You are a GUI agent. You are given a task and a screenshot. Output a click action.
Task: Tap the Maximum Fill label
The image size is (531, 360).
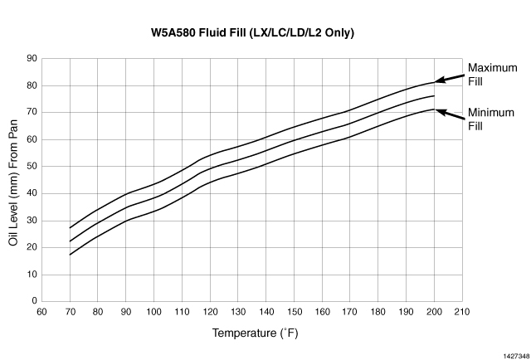tap(487, 75)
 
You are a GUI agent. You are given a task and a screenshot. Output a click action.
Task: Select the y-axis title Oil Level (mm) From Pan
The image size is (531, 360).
tap(13, 180)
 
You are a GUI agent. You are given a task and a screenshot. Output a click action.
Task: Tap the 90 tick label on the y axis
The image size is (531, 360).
tap(32, 58)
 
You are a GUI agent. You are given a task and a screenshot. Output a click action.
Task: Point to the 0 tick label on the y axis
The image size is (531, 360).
tap(34, 301)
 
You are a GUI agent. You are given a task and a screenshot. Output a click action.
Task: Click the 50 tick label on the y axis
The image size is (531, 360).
tap(32, 166)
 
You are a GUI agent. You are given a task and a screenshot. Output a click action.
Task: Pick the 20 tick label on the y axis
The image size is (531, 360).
tap(32, 247)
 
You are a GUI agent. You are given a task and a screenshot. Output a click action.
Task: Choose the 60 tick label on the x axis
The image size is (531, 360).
tap(41, 313)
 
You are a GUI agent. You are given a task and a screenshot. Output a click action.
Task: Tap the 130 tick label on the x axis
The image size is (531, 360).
tap(238, 313)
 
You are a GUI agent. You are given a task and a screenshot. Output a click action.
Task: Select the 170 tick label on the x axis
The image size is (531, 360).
tap(351, 313)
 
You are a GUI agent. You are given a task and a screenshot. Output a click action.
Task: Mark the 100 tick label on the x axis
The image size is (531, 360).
tap(153, 313)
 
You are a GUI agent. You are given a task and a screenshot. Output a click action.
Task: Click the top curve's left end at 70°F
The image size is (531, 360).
tap(70, 227)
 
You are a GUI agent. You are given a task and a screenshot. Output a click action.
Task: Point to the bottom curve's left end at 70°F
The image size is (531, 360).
tap(70, 255)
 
